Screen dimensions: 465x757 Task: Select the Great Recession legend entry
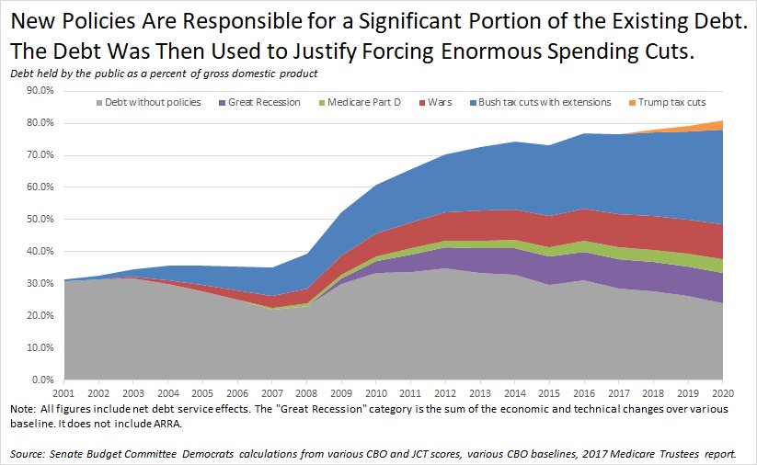269,102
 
